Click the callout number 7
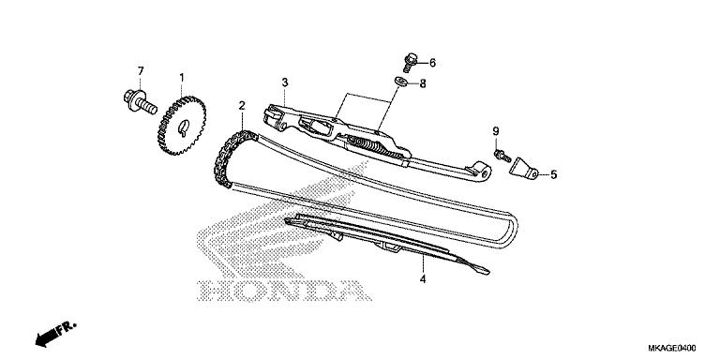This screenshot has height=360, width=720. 142,71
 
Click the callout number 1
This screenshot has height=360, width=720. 182,77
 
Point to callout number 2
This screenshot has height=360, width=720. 242,105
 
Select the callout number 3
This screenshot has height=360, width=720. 284,83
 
